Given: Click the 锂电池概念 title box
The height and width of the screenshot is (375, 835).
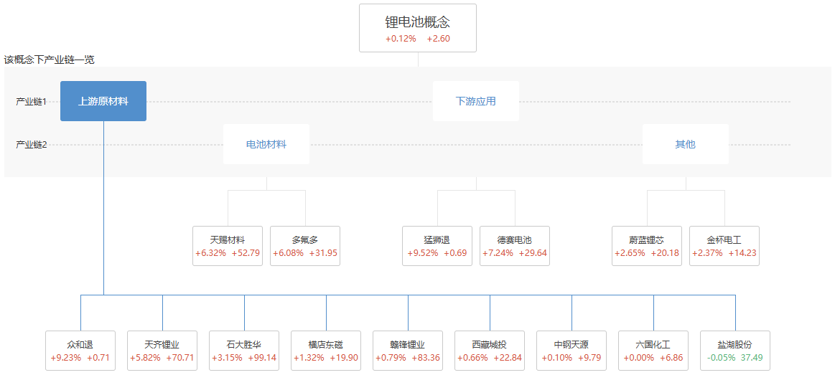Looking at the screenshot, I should click(x=417, y=28).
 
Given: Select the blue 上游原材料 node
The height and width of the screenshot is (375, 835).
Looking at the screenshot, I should click(x=103, y=101).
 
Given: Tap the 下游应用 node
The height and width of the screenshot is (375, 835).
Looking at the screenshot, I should click(x=475, y=101).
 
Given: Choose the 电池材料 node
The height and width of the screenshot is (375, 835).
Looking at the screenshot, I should click(x=266, y=144).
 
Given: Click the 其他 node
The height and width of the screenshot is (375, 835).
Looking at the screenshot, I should click(x=685, y=144).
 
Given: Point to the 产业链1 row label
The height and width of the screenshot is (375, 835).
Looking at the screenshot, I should click(x=32, y=102).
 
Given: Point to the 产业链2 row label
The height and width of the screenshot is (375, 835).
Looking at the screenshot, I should click(x=32, y=145).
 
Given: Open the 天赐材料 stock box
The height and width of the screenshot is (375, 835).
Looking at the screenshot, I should click(x=228, y=246).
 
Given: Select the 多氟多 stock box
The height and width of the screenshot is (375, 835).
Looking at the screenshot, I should click(x=305, y=246).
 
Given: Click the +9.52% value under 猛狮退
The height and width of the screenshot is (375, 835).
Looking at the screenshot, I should click(x=422, y=253).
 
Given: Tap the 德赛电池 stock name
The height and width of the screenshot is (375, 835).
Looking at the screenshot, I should click(x=514, y=239).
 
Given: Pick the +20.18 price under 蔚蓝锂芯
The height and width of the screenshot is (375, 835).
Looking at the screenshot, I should click(x=665, y=253).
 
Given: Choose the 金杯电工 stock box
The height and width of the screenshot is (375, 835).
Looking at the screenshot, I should click(x=724, y=246).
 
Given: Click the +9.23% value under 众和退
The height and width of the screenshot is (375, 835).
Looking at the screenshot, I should click(x=65, y=358).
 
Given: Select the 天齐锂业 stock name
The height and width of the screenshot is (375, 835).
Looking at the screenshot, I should click(x=162, y=345).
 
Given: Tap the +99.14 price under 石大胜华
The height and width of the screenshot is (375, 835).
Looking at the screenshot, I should click(x=262, y=358).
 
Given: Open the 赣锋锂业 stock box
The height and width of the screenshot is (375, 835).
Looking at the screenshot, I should click(x=407, y=351).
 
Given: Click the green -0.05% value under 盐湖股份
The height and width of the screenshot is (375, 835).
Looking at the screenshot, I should click(x=720, y=358).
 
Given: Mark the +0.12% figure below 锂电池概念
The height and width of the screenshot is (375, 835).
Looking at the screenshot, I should click(x=401, y=39).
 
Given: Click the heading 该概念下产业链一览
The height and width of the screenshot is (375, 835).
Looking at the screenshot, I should click(x=49, y=60).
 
